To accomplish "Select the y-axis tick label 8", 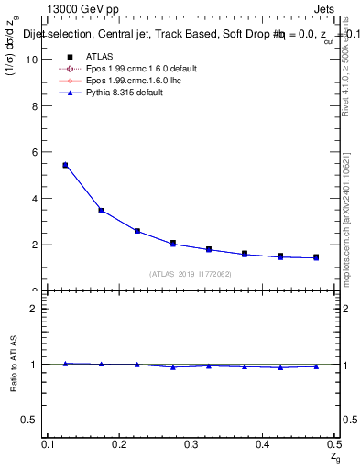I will pyautogui.click(x=35, y=106).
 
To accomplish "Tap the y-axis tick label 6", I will pyautogui.click(x=35, y=152).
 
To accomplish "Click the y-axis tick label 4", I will pyautogui.click(x=35, y=199).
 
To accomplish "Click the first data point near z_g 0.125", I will pyautogui.click(x=65, y=165).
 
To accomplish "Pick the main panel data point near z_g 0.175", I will pyautogui.click(x=101, y=210).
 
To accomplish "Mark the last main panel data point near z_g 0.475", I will pyautogui.click(x=315, y=257).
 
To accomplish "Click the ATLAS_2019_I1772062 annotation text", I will pyautogui.click(x=191, y=274).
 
